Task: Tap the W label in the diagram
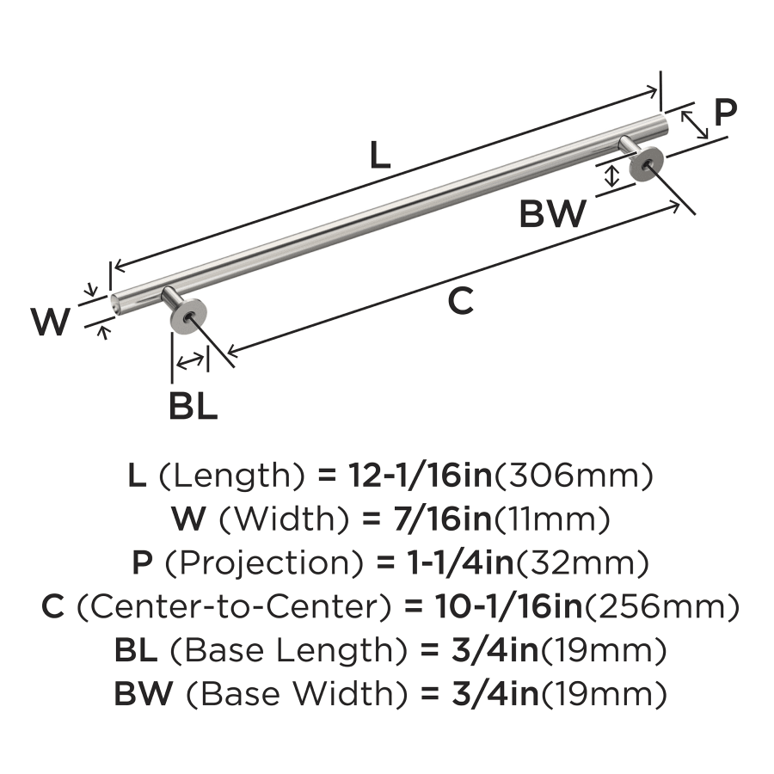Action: [x=51, y=322]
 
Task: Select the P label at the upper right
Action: [x=725, y=112]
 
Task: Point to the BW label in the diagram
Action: [x=553, y=214]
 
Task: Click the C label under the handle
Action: [x=461, y=301]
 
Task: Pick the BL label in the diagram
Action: [x=193, y=406]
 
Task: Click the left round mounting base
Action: [x=187, y=316]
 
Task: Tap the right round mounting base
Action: [x=647, y=163]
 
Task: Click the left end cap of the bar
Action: [x=114, y=303]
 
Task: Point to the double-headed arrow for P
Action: [x=695, y=125]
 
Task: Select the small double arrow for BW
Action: [x=612, y=176]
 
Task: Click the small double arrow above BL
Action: [x=190, y=361]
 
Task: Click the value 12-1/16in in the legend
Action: [x=421, y=476]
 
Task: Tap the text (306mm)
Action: [x=573, y=476]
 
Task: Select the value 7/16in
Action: [x=443, y=519]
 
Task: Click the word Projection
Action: [x=264, y=563]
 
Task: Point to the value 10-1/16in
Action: [x=508, y=606]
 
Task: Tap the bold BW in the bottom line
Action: [x=144, y=693]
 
